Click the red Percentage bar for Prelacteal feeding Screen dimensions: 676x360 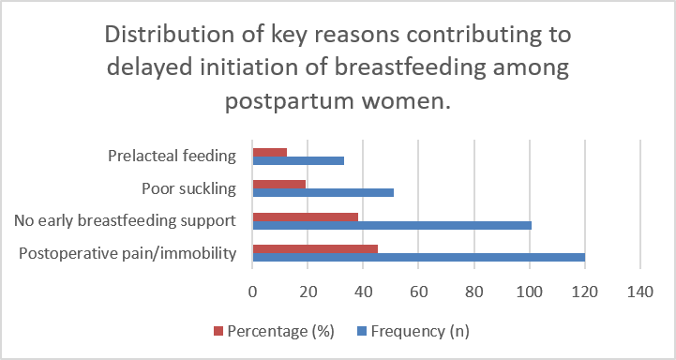[270, 153]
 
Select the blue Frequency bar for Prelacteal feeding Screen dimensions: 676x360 [298, 161]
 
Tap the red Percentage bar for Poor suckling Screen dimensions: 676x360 [279, 185]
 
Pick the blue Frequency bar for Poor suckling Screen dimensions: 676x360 [323, 193]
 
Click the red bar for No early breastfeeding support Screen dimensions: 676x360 [306, 217]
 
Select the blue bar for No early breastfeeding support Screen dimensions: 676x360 [392, 225]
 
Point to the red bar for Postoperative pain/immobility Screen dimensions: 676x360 [315, 249]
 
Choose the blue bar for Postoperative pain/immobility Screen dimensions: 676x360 [419, 258]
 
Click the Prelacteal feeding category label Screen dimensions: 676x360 [172, 156]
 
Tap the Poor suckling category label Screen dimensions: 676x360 [189, 188]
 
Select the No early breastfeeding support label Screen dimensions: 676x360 [125, 220]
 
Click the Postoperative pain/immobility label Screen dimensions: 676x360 [128, 253]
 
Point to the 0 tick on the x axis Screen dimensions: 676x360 [252, 292]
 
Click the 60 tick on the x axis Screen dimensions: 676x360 [418, 292]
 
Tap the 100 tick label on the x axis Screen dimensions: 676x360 [530, 292]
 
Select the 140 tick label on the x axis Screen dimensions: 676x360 [640, 292]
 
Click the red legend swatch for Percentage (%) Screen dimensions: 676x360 [218, 331]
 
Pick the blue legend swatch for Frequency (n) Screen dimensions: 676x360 [362, 331]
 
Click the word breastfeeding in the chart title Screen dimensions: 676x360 [410, 68]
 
